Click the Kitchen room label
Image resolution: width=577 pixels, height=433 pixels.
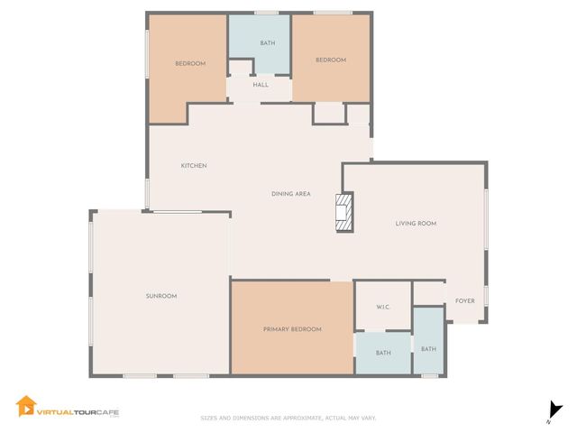click(x=194, y=166)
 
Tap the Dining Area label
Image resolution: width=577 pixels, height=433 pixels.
click(x=290, y=194)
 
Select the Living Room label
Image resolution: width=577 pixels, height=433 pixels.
click(x=416, y=223)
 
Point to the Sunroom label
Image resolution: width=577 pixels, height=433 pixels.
click(x=161, y=296)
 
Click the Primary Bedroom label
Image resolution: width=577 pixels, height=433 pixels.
click(x=292, y=329)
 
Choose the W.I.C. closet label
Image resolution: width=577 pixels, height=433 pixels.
click(x=382, y=307)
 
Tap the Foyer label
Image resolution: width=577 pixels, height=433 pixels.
click(x=465, y=300)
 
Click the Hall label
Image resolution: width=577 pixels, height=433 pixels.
click(x=261, y=85)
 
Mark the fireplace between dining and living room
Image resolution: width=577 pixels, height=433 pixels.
click(x=344, y=213)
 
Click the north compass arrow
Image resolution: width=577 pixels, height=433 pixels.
click(x=555, y=411)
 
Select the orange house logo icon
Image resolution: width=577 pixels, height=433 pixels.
click(x=26, y=406)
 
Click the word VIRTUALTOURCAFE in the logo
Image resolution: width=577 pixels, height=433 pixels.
click(x=78, y=412)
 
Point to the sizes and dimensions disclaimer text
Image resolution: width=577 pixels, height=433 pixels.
click(x=288, y=418)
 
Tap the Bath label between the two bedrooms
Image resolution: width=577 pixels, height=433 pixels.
click(x=268, y=43)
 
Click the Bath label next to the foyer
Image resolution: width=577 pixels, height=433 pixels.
click(x=428, y=349)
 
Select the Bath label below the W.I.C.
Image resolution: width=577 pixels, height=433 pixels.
click(x=383, y=353)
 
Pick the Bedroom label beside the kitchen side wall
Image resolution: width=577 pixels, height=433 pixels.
click(x=190, y=63)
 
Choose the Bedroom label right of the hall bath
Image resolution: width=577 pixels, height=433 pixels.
click(x=331, y=60)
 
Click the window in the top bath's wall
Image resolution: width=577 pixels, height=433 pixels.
click(x=267, y=13)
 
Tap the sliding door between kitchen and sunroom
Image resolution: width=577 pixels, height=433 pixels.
click(x=178, y=212)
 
